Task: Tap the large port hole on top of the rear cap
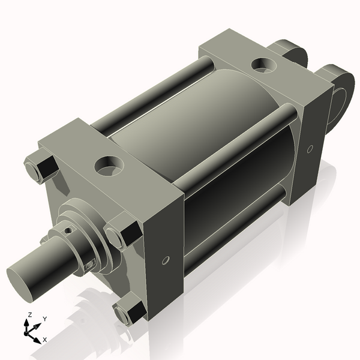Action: (x=263, y=63)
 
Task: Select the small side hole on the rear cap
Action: (x=310, y=149)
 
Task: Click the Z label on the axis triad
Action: (x=29, y=315)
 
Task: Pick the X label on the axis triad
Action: (x=46, y=340)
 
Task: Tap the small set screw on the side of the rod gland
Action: (x=90, y=264)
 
